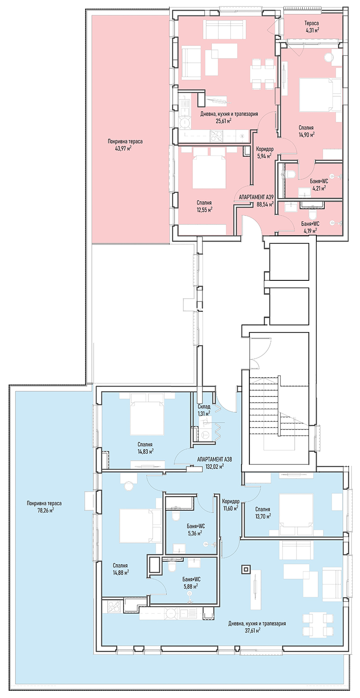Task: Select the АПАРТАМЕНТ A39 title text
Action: tap(256, 197)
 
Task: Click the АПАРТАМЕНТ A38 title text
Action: tap(215, 459)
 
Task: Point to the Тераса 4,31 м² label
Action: tap(311, 27)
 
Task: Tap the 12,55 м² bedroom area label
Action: tap(204, 209)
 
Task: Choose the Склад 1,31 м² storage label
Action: tap(204, 410)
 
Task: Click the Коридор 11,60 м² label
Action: tap(231, 504)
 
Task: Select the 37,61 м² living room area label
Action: tap(253, 630)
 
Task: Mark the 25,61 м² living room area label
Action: tap(224, 121)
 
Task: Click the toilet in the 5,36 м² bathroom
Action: tap(176, 514)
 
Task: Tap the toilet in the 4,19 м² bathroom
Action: tap(312, 214)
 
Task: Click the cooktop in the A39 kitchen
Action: tap(216, 135)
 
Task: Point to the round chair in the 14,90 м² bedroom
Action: tap(328, 58)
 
